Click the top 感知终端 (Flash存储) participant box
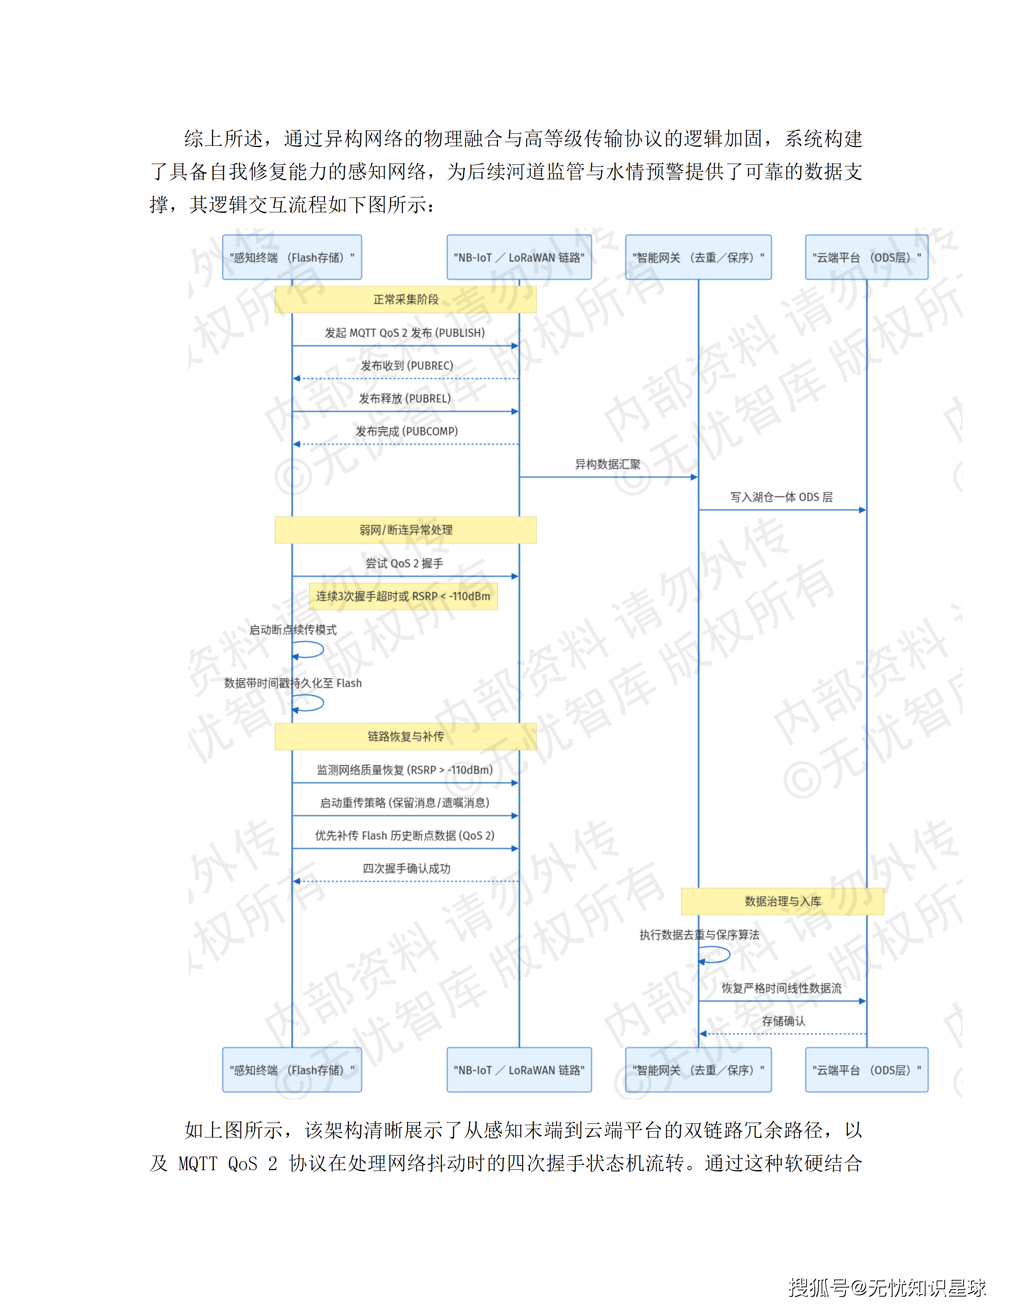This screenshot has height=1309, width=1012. click(292, 257)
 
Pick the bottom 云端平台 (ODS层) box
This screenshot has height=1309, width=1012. click(866, 1070)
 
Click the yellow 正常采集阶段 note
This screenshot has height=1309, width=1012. click(405, 299)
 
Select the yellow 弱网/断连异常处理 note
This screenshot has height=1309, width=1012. click(405, 530)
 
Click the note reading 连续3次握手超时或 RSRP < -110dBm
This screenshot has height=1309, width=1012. click(403, 596)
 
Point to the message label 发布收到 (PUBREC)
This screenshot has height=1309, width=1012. click(406, 366)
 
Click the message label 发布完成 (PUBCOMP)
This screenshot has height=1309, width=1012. click(406, 431)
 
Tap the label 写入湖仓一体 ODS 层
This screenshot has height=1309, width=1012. click(781, 497)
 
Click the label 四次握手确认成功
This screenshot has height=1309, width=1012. click(406, 869)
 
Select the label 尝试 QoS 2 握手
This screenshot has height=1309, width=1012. click(405, 564)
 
